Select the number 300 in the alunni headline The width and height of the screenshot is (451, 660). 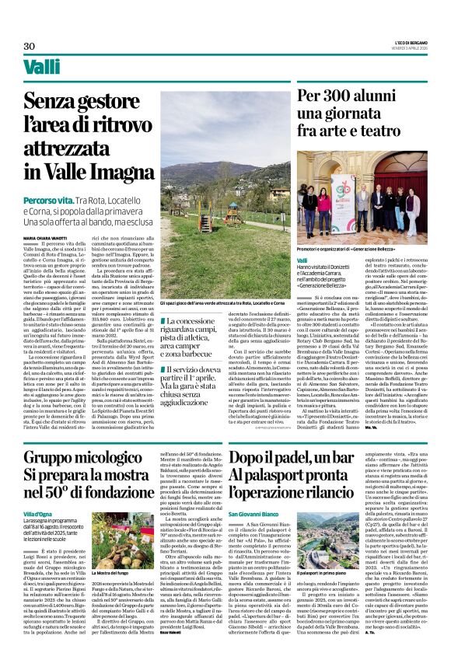pos(340,98)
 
